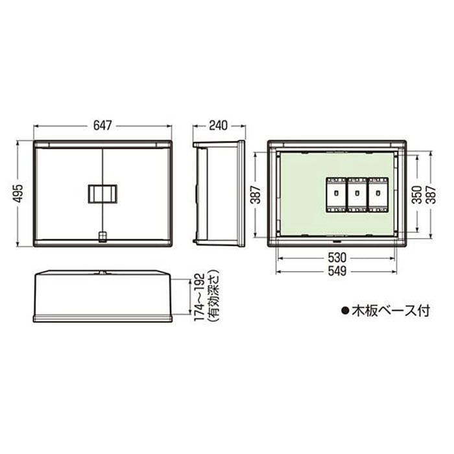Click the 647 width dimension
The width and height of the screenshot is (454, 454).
102,126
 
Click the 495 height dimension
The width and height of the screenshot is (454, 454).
19,193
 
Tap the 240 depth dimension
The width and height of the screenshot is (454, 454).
219,126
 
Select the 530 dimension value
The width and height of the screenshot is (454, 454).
337,257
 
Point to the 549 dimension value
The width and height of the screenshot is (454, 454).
337,271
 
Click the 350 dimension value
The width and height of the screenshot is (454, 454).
417,195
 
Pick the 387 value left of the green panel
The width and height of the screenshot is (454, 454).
256,195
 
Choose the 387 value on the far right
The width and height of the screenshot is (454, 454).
431,195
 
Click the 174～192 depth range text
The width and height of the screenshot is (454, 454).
200,297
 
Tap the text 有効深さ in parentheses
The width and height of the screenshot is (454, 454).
213,297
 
